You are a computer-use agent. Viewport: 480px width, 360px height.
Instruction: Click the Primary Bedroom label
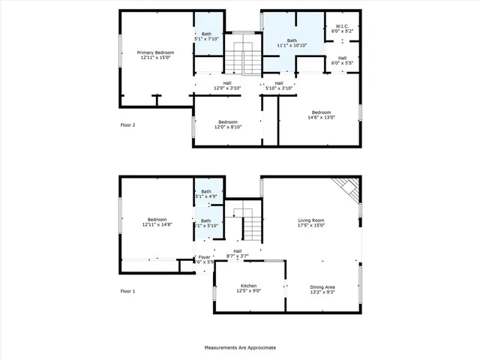[156, 52]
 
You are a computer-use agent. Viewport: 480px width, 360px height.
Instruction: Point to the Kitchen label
[248, 286]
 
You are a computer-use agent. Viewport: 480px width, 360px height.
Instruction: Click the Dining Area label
[322, 286]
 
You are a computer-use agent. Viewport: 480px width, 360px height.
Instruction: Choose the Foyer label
[205, 257]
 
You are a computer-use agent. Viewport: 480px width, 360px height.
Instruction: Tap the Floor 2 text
[128, 124]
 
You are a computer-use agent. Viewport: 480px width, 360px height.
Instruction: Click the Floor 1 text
[128, 291]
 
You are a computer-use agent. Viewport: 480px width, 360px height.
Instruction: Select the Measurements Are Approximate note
[240, 348]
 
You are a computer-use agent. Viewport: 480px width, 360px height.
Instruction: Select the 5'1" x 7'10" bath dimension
[207, 40]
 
